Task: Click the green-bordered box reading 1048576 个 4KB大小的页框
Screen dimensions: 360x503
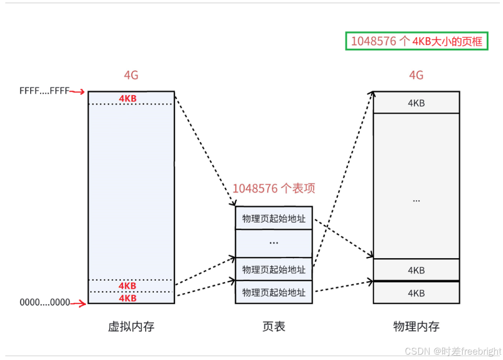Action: (x=416, y=41)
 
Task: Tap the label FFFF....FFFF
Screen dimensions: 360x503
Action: (x=44, y=91)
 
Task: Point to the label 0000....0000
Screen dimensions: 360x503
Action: (x=45, y=303)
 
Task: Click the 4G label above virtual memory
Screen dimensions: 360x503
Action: (x=131, y=75)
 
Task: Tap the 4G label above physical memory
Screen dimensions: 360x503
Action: (x=416, y=75)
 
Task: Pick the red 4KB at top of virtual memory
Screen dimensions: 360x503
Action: (x=128, y=98)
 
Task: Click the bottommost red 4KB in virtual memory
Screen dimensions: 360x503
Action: (x=127, y=298)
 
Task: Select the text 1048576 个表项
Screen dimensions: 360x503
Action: (x=274, y=188)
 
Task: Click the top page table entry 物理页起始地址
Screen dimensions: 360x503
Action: (x=274, y=218)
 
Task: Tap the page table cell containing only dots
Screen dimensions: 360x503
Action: (x=274, y=243)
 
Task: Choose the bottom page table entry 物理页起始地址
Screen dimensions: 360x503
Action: (x=274, y=292)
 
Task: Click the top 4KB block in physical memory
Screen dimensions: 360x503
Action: (x=416, y=103)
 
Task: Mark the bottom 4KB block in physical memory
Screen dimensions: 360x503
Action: (x=416, y=293)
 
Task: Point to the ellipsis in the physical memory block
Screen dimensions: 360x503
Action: (x=416, y=200)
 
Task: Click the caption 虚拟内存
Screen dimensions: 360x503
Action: (x=131, y=327)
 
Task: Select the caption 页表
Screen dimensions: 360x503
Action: (x=274, y=327)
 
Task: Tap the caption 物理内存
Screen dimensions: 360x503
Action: (x=416, y=327)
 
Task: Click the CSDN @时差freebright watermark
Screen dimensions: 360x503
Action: (x=453, y=351)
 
